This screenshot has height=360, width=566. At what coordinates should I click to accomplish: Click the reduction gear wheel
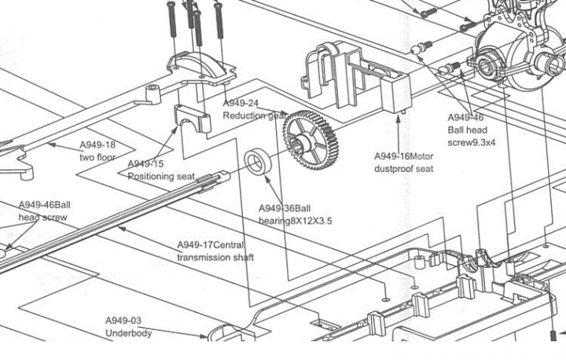tap(311, 140)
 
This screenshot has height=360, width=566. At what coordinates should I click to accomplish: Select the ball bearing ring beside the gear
tap(257, 161)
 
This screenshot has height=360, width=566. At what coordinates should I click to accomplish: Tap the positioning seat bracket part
tap(193, 118)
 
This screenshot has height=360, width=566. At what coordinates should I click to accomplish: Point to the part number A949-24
tap(241, 104)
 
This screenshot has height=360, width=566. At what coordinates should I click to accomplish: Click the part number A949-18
tap(97, 145)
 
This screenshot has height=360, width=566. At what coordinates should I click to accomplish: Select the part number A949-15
tap(145, 164)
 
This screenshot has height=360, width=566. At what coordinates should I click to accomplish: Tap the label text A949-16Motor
tap(403, 156)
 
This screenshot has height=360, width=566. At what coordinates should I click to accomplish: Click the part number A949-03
tap(123, 321)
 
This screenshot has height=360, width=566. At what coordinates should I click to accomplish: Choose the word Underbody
tap(128, 333)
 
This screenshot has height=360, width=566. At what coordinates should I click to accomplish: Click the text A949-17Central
tap(211, 245)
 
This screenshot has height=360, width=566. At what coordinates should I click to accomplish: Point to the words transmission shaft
tap(215, 258)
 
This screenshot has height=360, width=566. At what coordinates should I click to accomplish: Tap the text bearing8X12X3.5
tap(296, 221)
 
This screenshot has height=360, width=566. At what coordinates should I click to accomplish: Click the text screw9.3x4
tap(472, 142)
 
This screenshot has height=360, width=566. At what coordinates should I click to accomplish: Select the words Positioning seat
tap(161, 177)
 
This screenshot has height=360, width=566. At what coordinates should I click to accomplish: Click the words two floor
tap(97, 157)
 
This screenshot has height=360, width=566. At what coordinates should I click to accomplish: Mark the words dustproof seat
tap(403, 169)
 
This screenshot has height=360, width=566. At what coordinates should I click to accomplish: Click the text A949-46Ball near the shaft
tap(44, 205)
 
